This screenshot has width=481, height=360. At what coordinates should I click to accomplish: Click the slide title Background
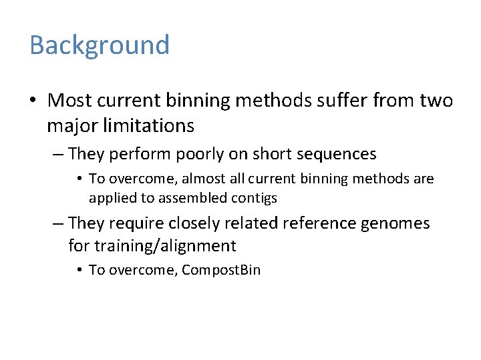point(100,45)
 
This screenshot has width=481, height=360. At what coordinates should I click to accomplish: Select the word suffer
point(331,101)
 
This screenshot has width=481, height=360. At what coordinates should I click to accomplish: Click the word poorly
point(202,154)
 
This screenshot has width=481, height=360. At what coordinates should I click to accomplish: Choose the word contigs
point(255,198)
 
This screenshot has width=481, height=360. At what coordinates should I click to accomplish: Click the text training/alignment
point(164,246)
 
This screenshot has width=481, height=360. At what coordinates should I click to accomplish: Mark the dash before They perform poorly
point(58,155)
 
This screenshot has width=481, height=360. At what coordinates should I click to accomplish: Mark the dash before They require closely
point(58,223)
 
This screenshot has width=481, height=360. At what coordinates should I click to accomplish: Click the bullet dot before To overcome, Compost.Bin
point(79,271)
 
